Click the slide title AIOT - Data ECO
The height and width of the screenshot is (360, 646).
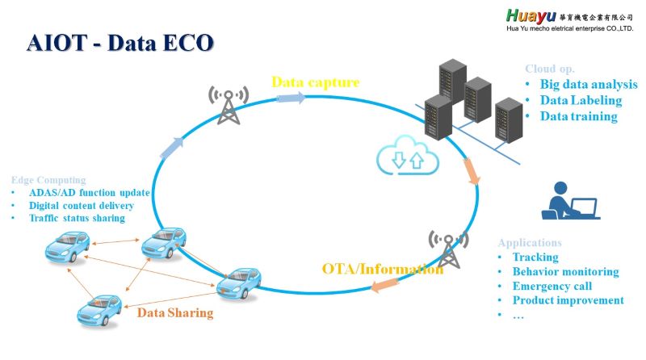pyautogui.click(x=120, y=43)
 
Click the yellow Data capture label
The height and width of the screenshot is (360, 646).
pyautogui.click(x=315, y=82)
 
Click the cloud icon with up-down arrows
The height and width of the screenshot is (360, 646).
pyautogui.click(x=406, y=157)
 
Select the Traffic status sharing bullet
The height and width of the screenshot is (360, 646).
pyautogui.click(x=77, y=218)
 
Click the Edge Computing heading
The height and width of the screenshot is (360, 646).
pyautogui.click(x=48, y=179)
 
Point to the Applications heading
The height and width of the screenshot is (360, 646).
pyautogui.click(x=530, y=242)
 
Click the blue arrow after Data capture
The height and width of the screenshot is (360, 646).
pyautogui.click(x=292, y=98)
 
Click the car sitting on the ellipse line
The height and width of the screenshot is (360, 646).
pyautogui.click(x=238, y=282)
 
